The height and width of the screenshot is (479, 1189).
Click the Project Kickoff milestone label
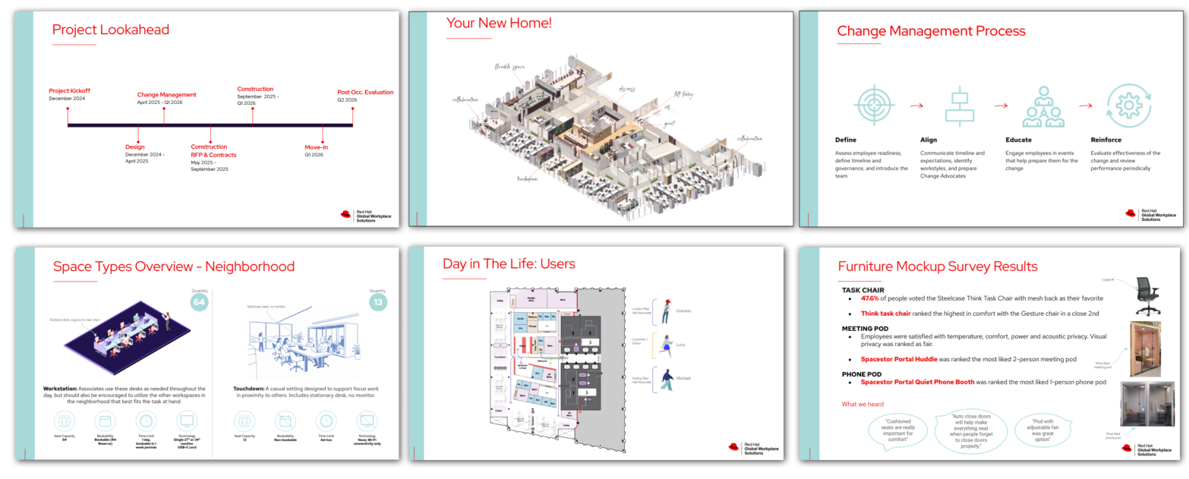[x=69, y=91]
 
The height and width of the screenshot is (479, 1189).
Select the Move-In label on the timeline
[x=317, y=147]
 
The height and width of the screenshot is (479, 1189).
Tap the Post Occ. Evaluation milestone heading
[x=365, y=93]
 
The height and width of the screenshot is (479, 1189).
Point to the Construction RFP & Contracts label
[x=213, y=150]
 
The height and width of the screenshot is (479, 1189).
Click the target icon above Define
[x=874, y=105]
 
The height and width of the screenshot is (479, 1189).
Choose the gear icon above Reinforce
[x=1128, y=106]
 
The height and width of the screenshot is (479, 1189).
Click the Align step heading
[x=929, y=140]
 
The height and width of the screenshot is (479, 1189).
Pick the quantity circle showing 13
[x=377, y=302]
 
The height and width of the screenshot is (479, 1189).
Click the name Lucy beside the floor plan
[x=681, y=345]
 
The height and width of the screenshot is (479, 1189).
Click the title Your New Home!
[x=499, y=24]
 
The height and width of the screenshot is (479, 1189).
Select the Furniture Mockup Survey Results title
[x=937, y=266]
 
